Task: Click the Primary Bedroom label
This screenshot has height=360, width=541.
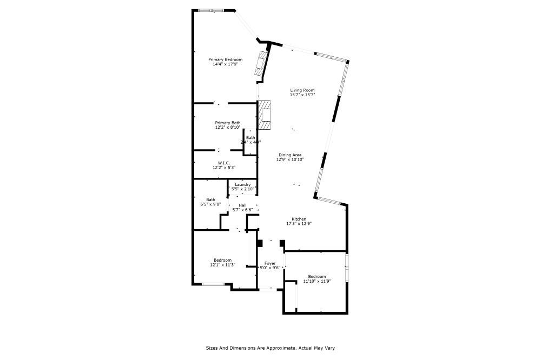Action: click(x=226, y=59)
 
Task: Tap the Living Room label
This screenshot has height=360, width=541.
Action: click(x=302, y=90)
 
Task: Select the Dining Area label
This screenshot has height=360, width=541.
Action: click(x=290, y=155)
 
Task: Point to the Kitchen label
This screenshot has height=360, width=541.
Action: click(x=299, y=219)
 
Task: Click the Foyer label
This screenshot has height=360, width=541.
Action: click(x=270, y=263)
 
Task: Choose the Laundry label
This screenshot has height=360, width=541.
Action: click(x=242, y=184)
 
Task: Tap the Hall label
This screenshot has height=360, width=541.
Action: click(x=242, y=205)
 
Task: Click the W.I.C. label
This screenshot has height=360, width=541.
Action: click(x=225, y=163)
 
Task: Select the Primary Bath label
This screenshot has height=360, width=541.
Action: click(x=228, y=123)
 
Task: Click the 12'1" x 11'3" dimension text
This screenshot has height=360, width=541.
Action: click(x=222, y=265)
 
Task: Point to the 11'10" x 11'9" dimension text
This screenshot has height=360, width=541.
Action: click(x=317, y=281)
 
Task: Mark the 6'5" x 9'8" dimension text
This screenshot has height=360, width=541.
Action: click(x=210, y=204)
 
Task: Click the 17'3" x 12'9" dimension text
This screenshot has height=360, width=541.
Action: click(x=299, y=224)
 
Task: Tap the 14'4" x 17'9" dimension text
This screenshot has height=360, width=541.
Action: click(x=226, y=64)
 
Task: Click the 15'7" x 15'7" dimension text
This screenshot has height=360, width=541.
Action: click(x=302, y=95)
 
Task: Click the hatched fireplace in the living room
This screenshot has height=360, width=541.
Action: click(x=264, y=115)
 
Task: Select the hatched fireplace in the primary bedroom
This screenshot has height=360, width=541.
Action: click(x=262, y=63)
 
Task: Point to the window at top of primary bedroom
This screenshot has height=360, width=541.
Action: click(x=210, y=10)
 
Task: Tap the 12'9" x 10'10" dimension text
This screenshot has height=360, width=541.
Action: click(x=290, y=159)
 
